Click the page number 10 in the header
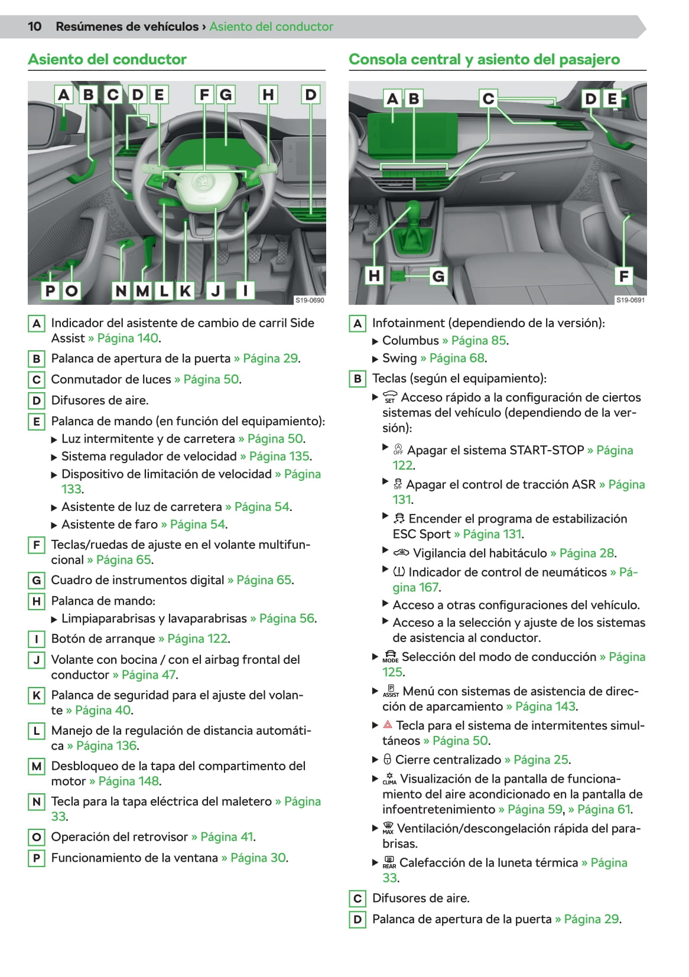pos(34,27)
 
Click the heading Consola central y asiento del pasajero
pos(484,59)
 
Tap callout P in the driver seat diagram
pos(50,291)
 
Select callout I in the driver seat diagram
pos(245,290)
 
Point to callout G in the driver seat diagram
pos(226,95)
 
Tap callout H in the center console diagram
pos(374,276)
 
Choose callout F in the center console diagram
pos(623,276)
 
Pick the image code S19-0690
pos(310,300)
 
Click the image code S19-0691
pos(630,300)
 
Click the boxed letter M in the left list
pos(37,766)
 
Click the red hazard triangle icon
pos(388,724)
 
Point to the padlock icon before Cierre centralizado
pos(387,760)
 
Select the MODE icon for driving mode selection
pos(390,657)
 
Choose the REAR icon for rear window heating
pos(389,863)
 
